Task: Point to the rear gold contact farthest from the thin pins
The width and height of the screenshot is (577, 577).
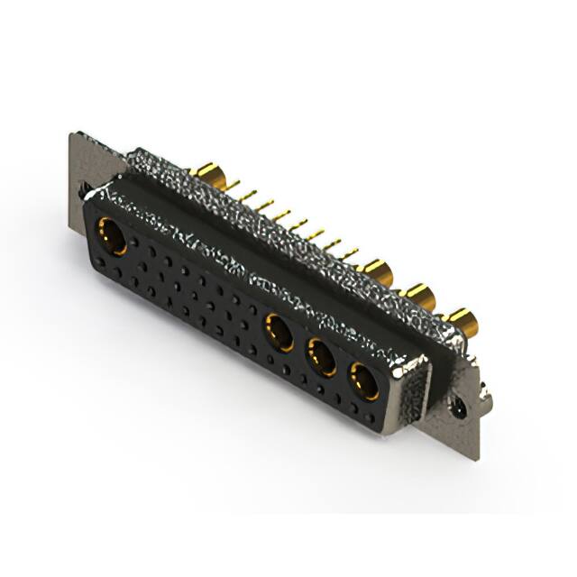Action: [462, 319]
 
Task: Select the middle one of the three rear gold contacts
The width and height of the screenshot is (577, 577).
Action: [420, 294]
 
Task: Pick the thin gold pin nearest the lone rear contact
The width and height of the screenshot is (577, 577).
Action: [236, 187]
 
